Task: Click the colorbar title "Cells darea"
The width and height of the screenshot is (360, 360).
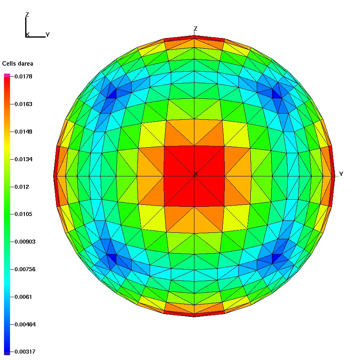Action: coord(18,64)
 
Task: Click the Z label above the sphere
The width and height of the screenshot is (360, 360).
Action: coord(195,29)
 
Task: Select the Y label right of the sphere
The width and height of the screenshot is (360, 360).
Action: coord(341,174)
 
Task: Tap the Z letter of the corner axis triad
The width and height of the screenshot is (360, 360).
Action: coord(27,15)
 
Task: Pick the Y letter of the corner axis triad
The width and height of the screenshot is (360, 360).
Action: coord(48,35)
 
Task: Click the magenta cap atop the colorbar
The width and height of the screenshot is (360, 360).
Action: coord(7,75)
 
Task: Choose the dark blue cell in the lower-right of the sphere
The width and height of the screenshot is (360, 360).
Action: coord(276,258)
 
